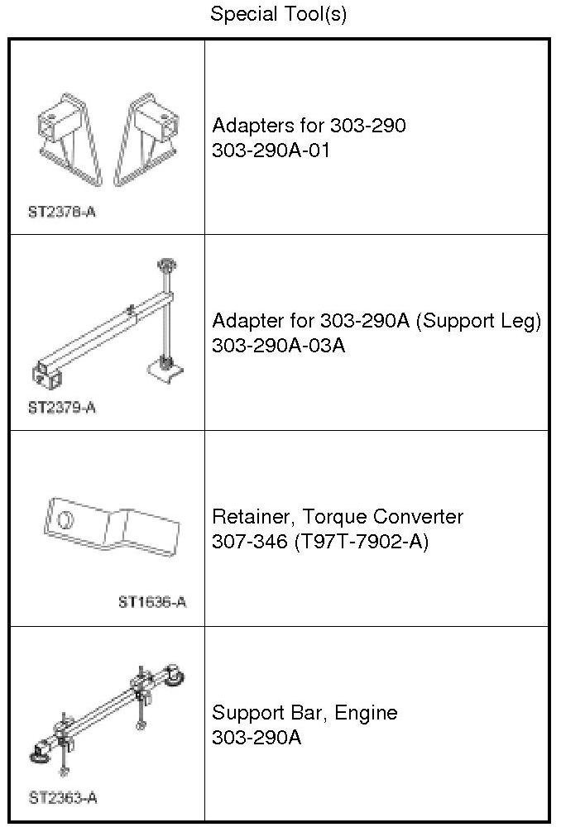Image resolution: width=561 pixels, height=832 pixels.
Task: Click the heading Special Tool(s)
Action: coord(278,14)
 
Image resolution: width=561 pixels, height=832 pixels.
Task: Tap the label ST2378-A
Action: coord(61,212)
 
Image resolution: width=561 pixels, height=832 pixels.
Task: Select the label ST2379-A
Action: coord(61,407)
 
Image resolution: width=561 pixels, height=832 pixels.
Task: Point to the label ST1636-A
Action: coord(151,602)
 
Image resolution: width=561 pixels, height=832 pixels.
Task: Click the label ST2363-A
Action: coord(62,798)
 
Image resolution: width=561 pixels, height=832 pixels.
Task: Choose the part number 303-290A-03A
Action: coord(278,345)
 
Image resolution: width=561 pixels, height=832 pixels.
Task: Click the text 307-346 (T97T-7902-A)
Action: coord(320,541)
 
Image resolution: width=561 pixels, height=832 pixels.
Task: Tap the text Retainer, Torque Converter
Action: coord(338,517)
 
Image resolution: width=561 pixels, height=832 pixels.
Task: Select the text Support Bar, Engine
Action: coord(304,713)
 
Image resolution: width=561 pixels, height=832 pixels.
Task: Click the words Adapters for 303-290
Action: coord(309,126)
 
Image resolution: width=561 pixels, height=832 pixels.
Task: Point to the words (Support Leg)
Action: coord(479,321)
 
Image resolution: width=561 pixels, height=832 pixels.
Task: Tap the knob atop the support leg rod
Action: coord(164,265)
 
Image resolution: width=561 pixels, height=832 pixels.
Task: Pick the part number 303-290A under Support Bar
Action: coord(257,737)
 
